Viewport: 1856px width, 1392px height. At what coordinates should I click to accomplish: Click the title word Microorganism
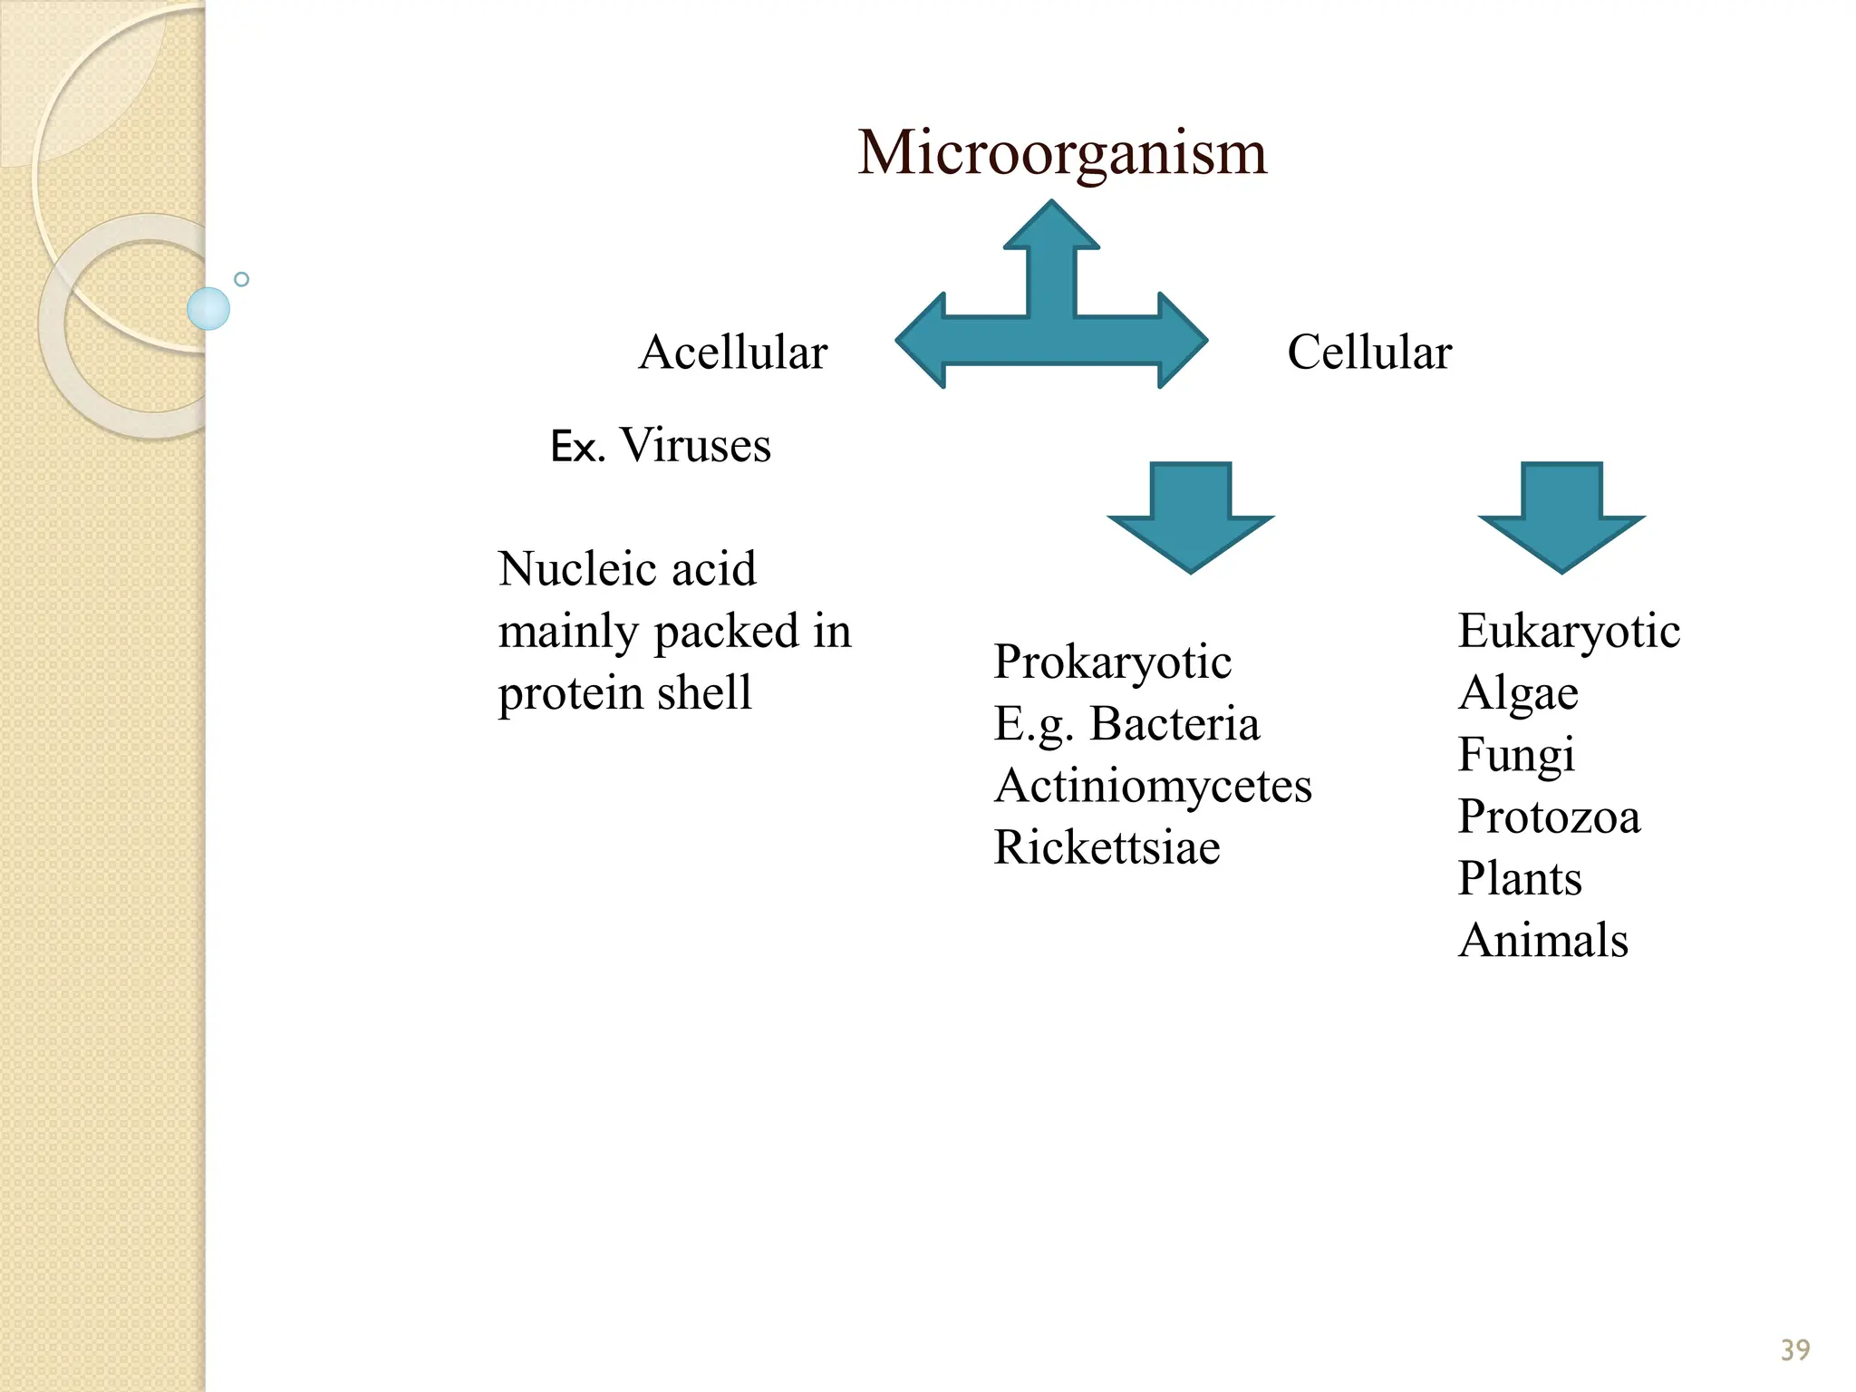coord(1062,152)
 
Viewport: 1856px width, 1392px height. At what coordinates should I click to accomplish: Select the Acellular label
coord(732,352)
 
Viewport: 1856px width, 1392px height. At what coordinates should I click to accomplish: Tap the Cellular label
coord(1368,352)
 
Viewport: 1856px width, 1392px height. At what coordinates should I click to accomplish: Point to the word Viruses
coord(695,445)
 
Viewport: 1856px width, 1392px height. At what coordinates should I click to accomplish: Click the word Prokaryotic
coord(1112,662)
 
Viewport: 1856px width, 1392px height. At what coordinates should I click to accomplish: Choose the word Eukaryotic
coord(1569,631)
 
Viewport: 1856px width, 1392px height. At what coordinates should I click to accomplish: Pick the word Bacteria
coord(1174,723)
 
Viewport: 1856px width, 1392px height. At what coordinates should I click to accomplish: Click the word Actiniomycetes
coord(1153,785)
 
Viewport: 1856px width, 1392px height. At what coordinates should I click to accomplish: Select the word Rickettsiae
coord(1107,847)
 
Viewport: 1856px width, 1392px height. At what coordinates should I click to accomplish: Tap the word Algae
coord(1518,693)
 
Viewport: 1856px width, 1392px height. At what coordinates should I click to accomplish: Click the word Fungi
coord(1516,754)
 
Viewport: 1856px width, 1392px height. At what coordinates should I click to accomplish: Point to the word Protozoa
coord(1549,817)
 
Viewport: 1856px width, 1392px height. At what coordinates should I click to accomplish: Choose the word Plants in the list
coord(1520,878)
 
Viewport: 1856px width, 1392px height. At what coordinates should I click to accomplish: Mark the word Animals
coord(1542,940)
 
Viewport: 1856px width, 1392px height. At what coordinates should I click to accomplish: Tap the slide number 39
coord(1794,1350)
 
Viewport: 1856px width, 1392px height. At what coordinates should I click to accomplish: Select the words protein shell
coord(624,693)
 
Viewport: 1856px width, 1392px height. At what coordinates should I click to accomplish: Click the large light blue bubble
coord(208,308)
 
